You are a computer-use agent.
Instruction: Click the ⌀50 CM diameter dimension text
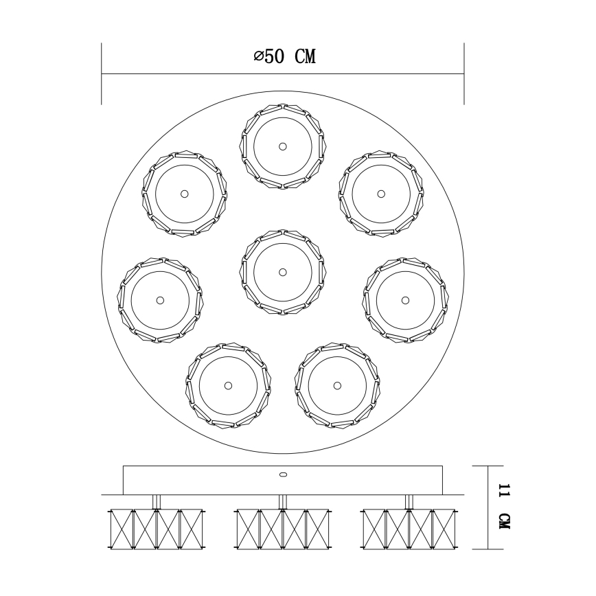pyautogui.click(x=284, y=57)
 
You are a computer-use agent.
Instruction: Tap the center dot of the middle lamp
pyautogui.click(x=282, y=272)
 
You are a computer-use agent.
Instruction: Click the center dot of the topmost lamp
pyautogui.click(x=282, y=146)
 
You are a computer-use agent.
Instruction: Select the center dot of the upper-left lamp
pyautogui.click(x=184, y=194)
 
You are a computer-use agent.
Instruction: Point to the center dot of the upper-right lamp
pyautogui.click(x=380, y=194)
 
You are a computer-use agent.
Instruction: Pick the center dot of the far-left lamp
pyautogui.click(x=160, y=299)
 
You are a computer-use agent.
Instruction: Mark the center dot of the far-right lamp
pyautogui.click(x=405, y=299)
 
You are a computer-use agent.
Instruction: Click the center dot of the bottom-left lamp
pyautogui.click(x=228, y=385)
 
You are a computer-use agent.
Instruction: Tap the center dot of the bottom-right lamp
pyautogui.click(x=336, y=385)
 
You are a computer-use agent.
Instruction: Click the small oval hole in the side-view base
pyautogui.click(x=282, y=474)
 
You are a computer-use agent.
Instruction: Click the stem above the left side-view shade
pyautogui.click(x=157, y=502)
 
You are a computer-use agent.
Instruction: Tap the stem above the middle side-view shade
pyautogui.click(x=282, y=502)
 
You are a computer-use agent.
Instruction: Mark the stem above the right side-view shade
pyautogui.click(x=409, y=502)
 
